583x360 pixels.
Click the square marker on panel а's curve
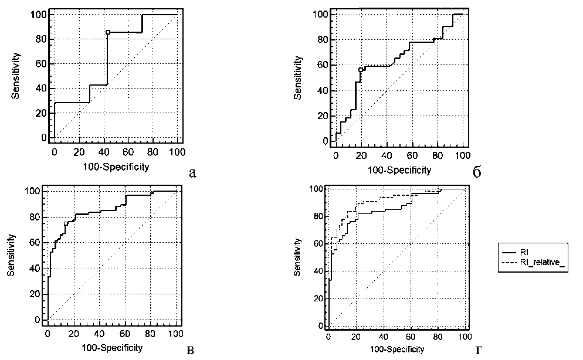107,32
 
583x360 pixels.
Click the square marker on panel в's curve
66,223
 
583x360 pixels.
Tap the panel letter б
477,172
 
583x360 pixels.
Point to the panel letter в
190,351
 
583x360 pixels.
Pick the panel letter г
479,351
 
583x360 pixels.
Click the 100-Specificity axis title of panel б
400,170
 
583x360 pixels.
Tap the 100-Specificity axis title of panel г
396,349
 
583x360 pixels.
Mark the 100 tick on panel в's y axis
35,191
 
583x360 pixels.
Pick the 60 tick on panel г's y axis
318,243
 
